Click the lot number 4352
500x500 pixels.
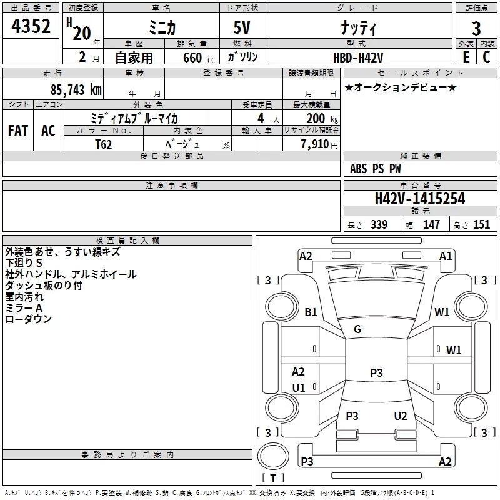[31, 26]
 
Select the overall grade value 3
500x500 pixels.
[476, 29]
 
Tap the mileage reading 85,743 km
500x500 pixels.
[76, 89]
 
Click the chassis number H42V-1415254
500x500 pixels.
[420, 198]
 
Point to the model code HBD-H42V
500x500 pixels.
[358, 57]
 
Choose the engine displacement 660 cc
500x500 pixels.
[199, 58]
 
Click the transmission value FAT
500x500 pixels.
[18, 131]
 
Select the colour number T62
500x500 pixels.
[103, 144]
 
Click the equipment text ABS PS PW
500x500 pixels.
[376, 169]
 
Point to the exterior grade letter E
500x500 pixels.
[466, 57]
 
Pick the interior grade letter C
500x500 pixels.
[486, 57]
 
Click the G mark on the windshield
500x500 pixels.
[357, 329]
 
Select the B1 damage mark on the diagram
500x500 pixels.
[311, 312]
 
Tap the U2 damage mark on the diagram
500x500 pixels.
[401, 416]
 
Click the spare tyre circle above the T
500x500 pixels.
[273, 456]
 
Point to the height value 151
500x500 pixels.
[481, 224]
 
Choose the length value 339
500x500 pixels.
[379, 224]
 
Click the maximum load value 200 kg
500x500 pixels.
[322, 118]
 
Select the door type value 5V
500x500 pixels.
[242, 27]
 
